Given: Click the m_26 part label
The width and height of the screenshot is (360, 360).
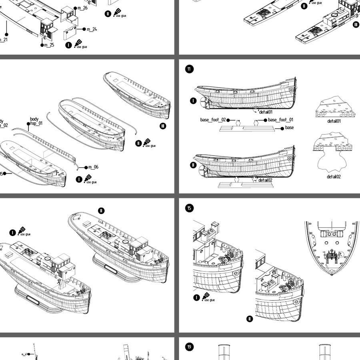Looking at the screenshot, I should coord(82,8).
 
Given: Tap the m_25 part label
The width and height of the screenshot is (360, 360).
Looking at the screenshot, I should coord(49,45).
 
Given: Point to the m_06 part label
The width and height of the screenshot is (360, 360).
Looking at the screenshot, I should coord(93,167).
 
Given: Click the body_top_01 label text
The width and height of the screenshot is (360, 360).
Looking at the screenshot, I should coord(36,122).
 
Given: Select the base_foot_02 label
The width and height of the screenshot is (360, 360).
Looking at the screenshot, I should coord(213,120).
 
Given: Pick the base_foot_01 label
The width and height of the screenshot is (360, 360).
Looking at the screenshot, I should coord(280,120).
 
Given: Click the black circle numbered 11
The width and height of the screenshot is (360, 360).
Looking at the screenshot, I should coord(189,69).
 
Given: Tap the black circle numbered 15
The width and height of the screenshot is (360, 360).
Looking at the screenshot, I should coord(189,208).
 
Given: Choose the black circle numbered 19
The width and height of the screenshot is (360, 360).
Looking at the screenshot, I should coord(189,346).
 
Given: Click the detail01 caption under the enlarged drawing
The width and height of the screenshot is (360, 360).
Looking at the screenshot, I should coord(334,121).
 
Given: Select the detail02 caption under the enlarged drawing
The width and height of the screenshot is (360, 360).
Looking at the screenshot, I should coord(334,176).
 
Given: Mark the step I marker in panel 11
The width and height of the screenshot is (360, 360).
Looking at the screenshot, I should coord(193,100).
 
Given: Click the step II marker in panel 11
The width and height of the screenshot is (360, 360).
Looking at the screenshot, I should coord(193,165).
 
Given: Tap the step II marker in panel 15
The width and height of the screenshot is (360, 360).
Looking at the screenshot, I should coord(250,319).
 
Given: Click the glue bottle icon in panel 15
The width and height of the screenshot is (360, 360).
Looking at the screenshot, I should coord(206,296).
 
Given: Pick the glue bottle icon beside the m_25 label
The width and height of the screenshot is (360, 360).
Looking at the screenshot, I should coord(78,43).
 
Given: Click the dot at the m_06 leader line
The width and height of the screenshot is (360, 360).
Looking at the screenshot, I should coord(86,168).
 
